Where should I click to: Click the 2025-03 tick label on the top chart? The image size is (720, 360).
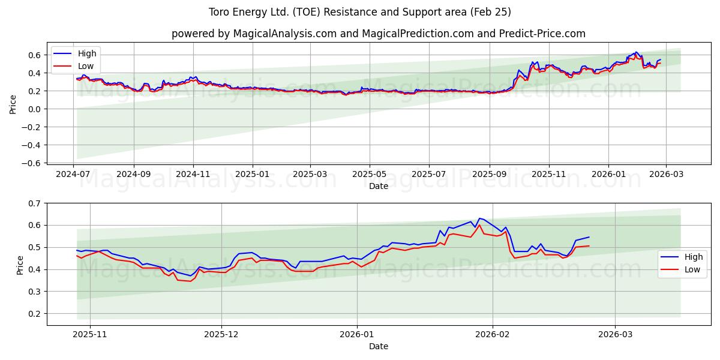click(x=310, y=173)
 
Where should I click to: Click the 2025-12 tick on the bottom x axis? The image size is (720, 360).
click(x=221, y=334)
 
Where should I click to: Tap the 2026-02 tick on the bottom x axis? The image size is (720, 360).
click(x=493, y=334)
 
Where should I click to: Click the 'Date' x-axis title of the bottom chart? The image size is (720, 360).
click(x=378, y=346)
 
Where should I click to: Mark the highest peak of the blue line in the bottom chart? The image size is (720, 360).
click(x=479, y=218)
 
